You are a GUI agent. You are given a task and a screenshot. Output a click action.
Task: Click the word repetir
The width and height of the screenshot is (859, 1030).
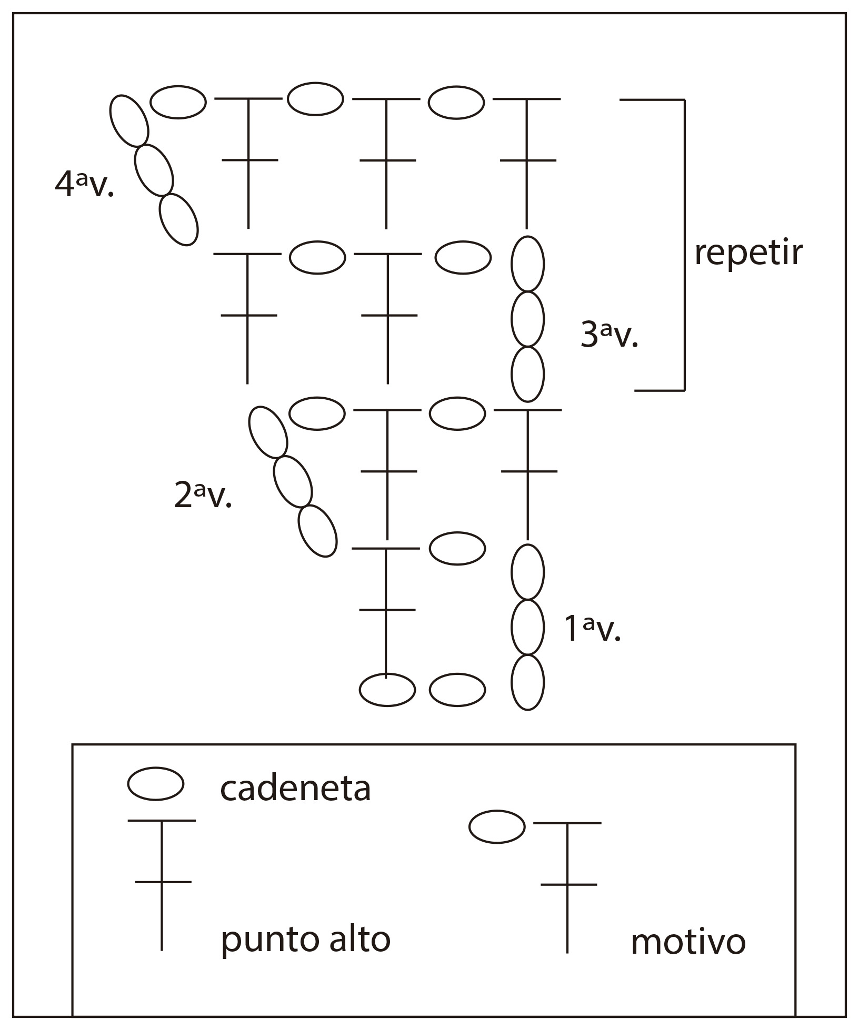point(748,254)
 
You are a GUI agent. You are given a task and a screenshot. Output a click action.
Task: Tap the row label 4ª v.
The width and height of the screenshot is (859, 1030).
point(84,185)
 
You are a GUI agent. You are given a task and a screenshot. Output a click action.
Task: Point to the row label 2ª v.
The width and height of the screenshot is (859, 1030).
point(203,496)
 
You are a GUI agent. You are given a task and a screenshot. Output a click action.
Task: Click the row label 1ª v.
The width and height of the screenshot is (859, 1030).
point(592,629)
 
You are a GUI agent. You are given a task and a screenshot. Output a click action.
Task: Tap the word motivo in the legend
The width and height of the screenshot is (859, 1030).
point(688,942)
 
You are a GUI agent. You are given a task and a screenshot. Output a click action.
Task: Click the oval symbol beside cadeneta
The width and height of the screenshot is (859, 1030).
point(155,783)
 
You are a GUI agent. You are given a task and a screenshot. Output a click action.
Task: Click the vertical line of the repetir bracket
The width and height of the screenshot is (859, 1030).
point(684,245)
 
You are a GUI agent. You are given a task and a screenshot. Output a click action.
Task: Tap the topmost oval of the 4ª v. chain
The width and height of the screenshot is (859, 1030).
point(128,121)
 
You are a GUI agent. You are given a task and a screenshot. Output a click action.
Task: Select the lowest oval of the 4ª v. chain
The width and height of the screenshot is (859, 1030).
point(178,219)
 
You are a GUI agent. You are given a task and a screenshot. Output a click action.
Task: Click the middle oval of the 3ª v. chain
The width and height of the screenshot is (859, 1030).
point(527,319)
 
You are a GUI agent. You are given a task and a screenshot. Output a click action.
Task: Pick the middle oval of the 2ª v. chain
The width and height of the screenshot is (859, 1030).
point(293,481)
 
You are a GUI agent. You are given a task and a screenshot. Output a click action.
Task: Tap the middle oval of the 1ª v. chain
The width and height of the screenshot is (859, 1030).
point(527,627)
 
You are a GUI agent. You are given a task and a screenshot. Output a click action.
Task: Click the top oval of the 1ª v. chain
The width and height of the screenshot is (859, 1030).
point(527,572)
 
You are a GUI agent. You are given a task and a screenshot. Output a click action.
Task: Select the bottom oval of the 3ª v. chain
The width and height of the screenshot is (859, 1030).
point(527,375)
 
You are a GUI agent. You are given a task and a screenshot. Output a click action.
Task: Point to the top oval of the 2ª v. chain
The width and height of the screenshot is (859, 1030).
point(268,432)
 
